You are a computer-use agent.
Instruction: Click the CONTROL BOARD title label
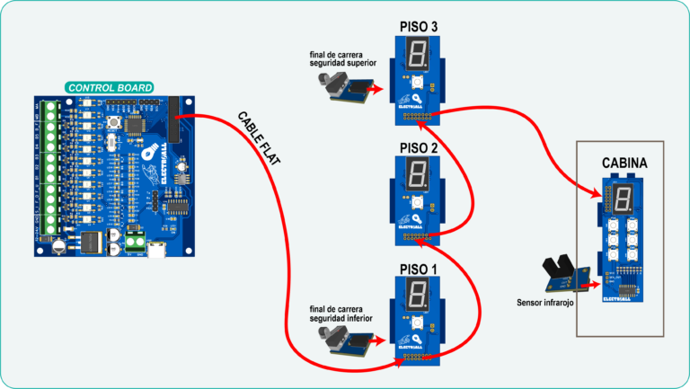(109, 88)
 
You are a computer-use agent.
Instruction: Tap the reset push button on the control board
(115, 123)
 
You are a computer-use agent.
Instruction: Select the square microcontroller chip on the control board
(137, 126)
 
